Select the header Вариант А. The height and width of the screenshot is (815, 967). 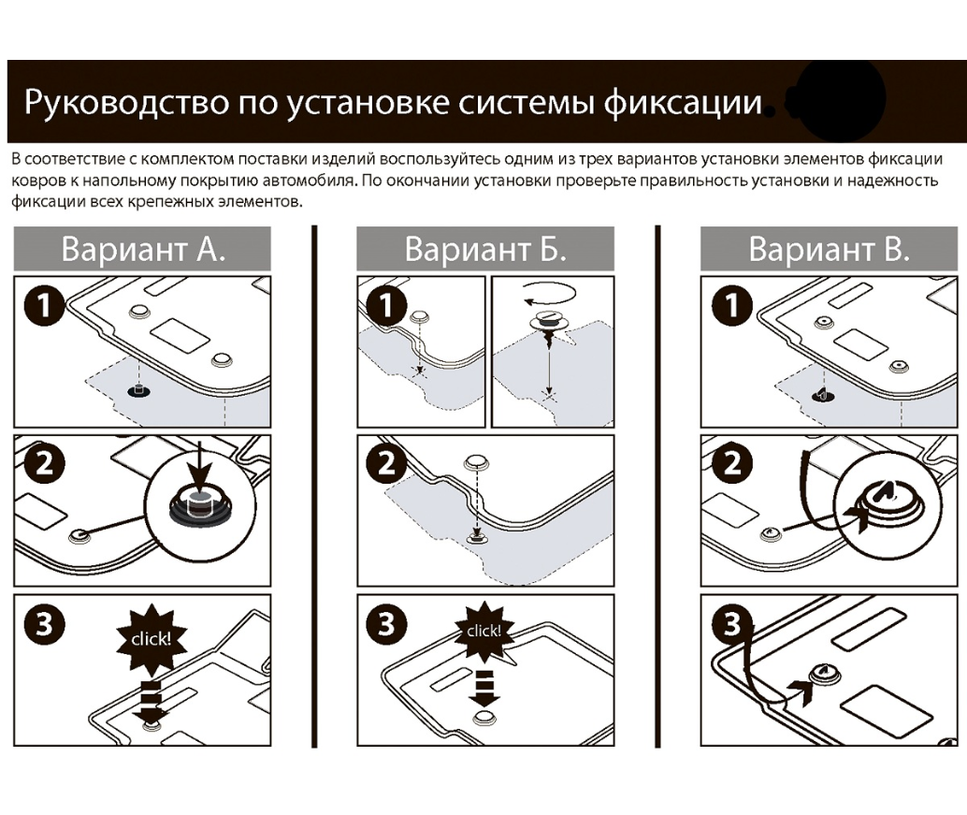143,250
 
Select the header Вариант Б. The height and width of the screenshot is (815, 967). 485,250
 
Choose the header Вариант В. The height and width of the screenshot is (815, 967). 829,250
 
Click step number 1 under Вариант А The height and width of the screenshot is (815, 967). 43,306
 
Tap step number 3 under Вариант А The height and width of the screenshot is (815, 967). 43,623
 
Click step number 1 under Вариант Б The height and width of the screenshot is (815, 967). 386,306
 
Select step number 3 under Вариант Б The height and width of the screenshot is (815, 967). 386,623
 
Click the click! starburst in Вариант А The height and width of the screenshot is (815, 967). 150,640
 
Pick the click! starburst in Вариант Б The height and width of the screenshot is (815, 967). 484,631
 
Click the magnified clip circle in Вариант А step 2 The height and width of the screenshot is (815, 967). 199,504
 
